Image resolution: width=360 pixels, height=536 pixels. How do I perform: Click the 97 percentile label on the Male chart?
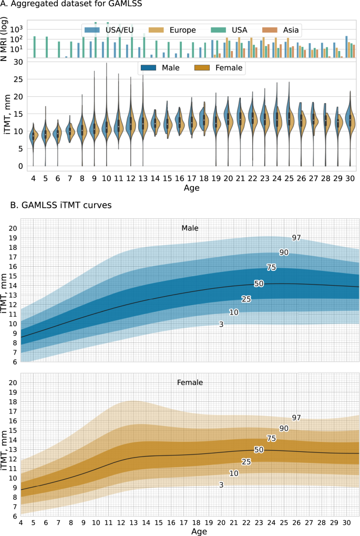pyautogui.click(x=296, y=238)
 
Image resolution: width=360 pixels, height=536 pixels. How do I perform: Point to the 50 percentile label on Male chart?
pyautogui.click(x=259, y=284)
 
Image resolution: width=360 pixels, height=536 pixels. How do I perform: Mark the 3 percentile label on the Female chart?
pyautogui.click(x=221, y=484)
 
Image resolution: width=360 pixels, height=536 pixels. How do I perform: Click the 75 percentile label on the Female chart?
pyautogui.click(x=271, y=438)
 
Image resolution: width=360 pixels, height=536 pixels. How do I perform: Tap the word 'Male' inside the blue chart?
pyautogui.click(x=190, y=228)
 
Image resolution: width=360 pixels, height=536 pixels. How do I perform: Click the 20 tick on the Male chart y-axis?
pyautogui.click(x=13, y=228)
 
